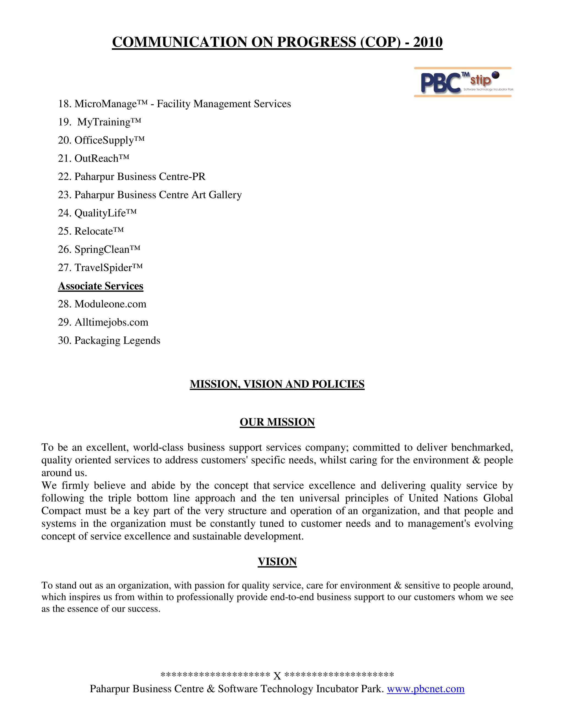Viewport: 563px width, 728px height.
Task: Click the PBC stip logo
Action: tap(462, 82)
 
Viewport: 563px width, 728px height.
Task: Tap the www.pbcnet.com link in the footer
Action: tap(425, 689)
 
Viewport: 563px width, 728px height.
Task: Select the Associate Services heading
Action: tap(100, 286)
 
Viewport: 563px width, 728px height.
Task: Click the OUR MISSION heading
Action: tap(277, 422)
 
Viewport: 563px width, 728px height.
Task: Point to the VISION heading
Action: tap(277, 562)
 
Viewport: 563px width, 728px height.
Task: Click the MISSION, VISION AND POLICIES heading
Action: tap(277, 384)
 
